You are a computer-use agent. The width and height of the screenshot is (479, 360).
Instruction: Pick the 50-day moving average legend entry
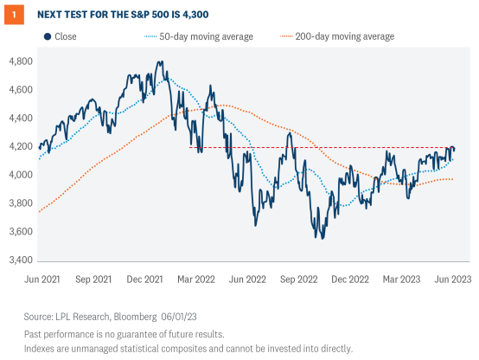[204, 36]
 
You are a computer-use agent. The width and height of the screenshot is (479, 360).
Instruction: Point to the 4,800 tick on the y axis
[20, 61]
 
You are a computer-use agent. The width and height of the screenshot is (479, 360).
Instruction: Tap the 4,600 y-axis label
[20, 90]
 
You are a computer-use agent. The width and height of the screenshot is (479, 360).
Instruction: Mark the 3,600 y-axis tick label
[20, 231]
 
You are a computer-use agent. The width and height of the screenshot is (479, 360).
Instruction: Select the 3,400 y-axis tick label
[20, 260]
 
